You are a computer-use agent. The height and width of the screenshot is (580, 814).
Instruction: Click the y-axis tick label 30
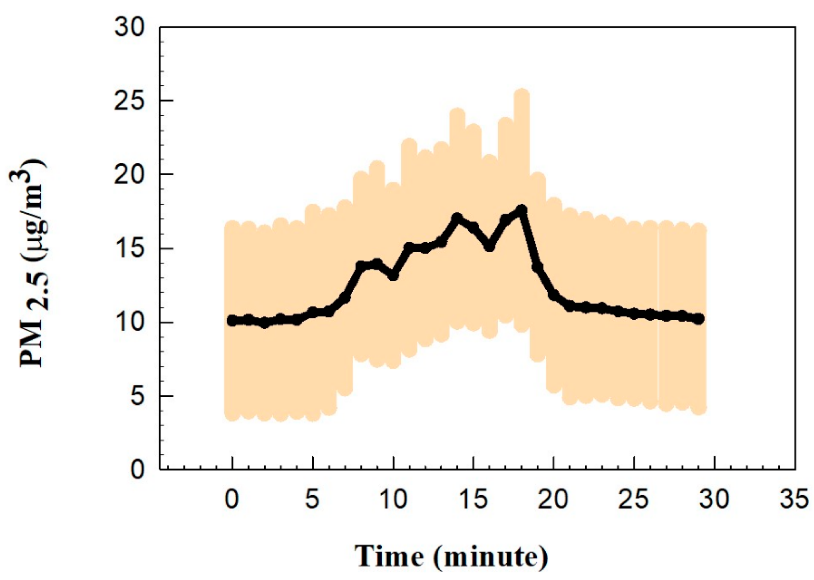[129, 28]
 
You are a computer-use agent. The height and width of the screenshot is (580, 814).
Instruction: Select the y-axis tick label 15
[129, 248]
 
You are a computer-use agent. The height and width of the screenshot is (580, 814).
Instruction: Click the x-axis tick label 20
[553, 500]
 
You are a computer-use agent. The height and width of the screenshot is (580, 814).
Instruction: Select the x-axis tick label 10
[393, 500]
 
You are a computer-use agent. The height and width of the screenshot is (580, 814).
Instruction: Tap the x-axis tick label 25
[633, 500]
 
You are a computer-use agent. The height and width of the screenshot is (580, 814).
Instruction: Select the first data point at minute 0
[232, 321]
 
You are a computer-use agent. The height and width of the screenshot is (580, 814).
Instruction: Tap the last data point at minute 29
[698, 319]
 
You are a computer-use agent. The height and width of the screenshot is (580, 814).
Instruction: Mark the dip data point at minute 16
[489, 247]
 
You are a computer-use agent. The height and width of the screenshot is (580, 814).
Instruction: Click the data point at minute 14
[457, 218]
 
